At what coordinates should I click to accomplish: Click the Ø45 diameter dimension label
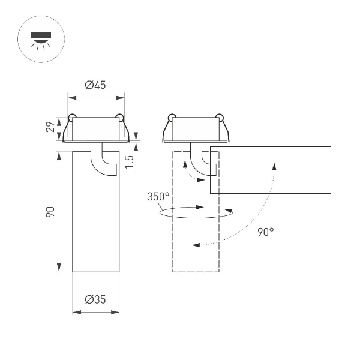point(95,85)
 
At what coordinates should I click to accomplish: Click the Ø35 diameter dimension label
point(95,301)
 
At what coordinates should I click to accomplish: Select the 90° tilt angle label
point(265,232)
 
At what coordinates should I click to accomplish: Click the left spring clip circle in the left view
point(72,116)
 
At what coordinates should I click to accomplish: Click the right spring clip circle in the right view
point(219,116)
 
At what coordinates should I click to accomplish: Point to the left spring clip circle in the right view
point(172,116)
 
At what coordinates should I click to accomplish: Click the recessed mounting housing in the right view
point(196,129)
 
